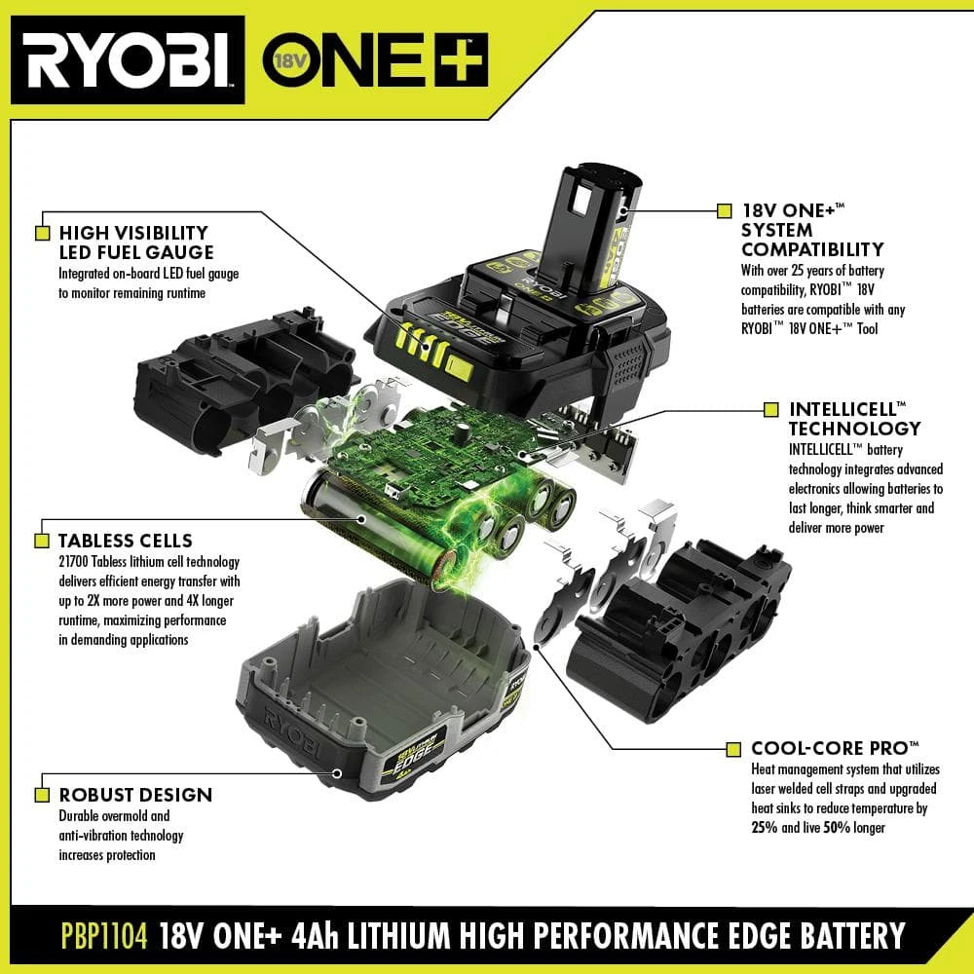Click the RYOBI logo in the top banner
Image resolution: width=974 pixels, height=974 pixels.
pyautogui.click(x=128, y=60)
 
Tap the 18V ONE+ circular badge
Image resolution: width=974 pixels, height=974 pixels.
pyautogui.click(x=281, y=60)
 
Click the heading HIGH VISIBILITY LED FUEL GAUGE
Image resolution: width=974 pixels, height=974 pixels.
pyautogui.click(x=135, y=243)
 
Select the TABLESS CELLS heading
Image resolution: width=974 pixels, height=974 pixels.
pyautogui.click(x=126, y=541)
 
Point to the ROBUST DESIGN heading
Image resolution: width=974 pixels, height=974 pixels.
pyautogui.click(x=135, y=794)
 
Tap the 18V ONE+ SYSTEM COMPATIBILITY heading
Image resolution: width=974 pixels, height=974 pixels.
pyautogui.click(x=813, y=230)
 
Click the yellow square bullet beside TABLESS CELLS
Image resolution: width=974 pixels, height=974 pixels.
pyautogui.click(x=42, y=541)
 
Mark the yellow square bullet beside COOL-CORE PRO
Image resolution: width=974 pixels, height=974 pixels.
pyautogui.click(x=733, y=749)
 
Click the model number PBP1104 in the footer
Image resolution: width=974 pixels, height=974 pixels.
pyautogui.click(x=95, y=937)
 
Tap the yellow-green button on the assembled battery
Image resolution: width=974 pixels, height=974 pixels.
pyautogui.click(x=457, y=367)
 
